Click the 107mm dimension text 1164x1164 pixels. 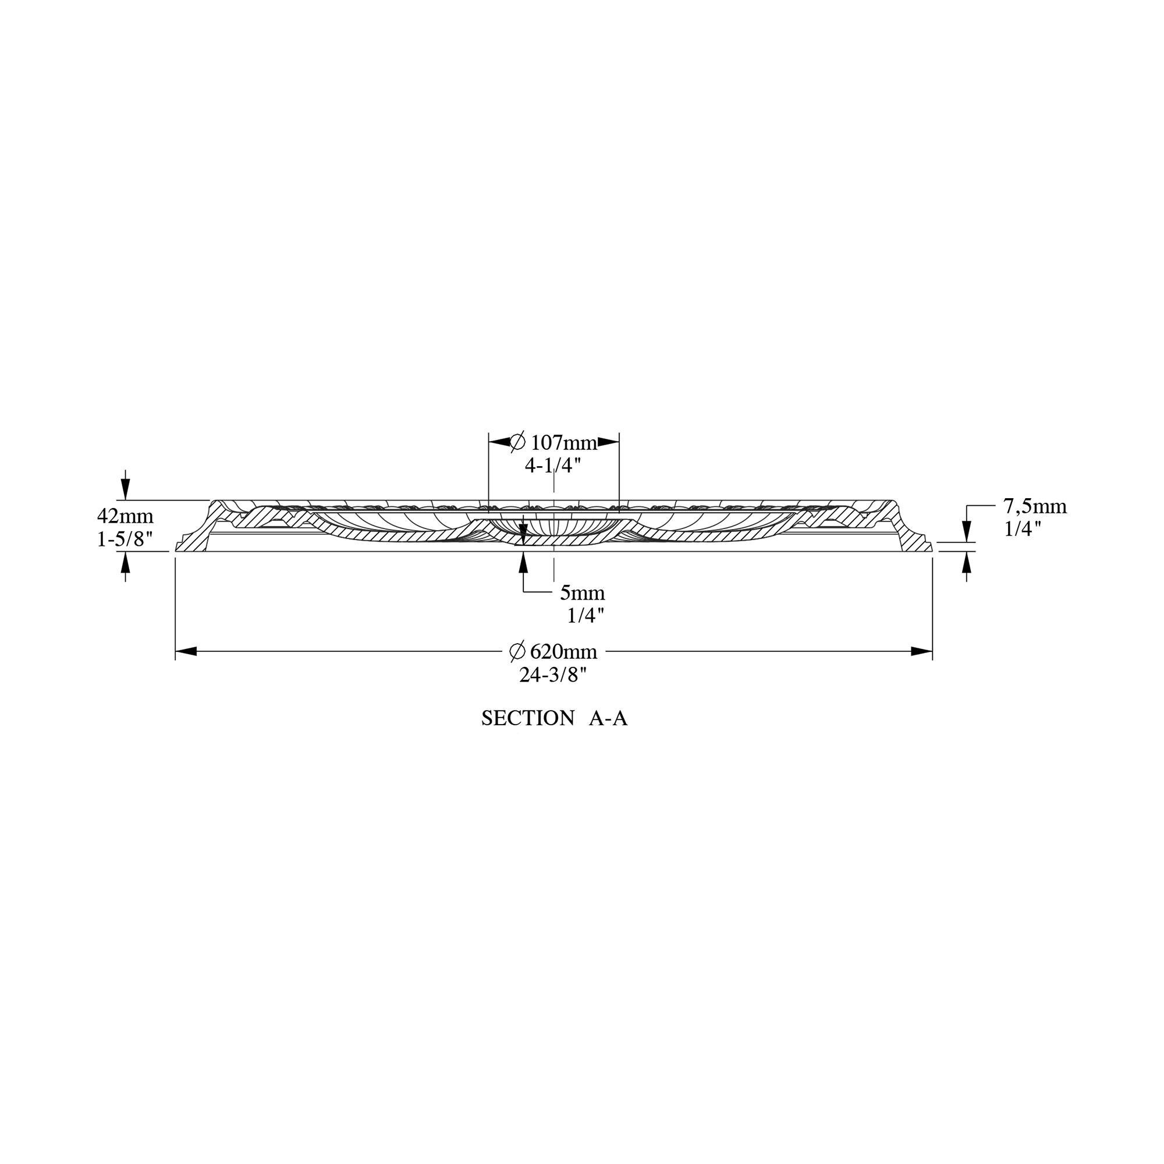point(564,443)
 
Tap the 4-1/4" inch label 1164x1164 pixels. point(552,465)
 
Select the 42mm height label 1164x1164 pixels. point(125,516)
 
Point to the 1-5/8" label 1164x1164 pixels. point(125,540)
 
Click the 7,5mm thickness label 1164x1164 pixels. point(1034,507)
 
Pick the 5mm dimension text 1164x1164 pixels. point(583,593)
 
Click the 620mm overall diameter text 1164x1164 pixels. point(564,651)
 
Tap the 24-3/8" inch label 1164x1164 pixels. point(553,675)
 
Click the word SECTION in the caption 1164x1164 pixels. point(528,718)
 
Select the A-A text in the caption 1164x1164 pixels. point(608,718)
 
